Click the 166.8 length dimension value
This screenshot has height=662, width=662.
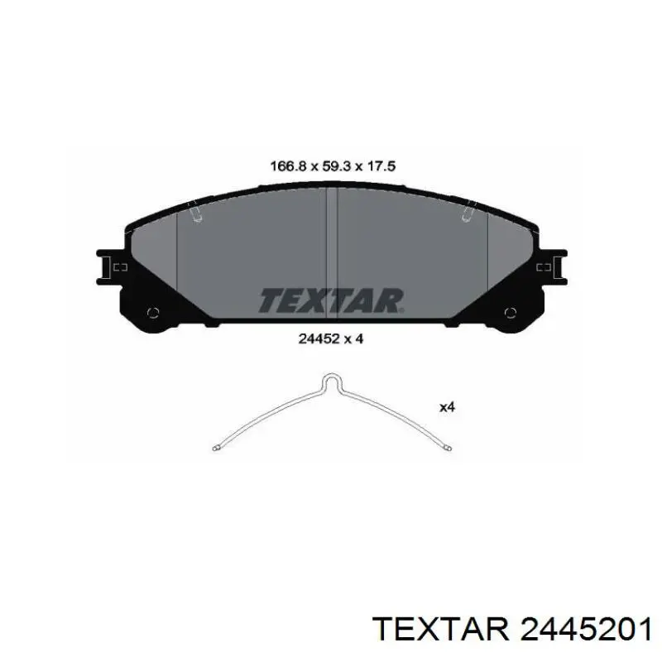tap(287, 166)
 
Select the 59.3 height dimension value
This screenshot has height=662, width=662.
tap(336, 166)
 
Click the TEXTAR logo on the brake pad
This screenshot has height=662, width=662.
tap(331, 300)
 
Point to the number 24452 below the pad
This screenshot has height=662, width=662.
tap(319, 338)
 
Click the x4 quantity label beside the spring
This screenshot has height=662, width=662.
tap(447, 407)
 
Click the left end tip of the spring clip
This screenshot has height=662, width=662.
tap(215, 448)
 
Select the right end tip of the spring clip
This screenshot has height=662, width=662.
tap(449, 448)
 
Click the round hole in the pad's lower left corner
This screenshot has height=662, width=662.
tap(153, 313)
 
